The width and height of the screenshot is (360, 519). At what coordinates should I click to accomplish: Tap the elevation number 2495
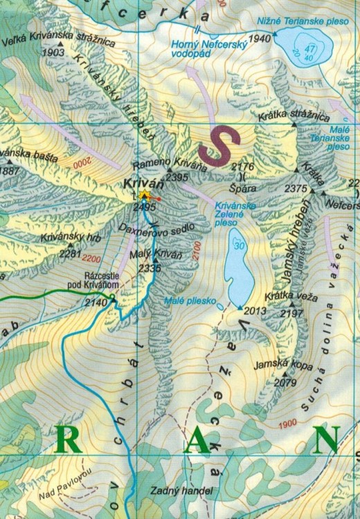[x=145, y=207]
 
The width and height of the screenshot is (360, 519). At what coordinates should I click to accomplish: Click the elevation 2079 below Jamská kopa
[x=285, y=381]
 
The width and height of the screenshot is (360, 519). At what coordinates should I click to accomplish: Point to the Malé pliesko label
[x=190, y=301]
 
